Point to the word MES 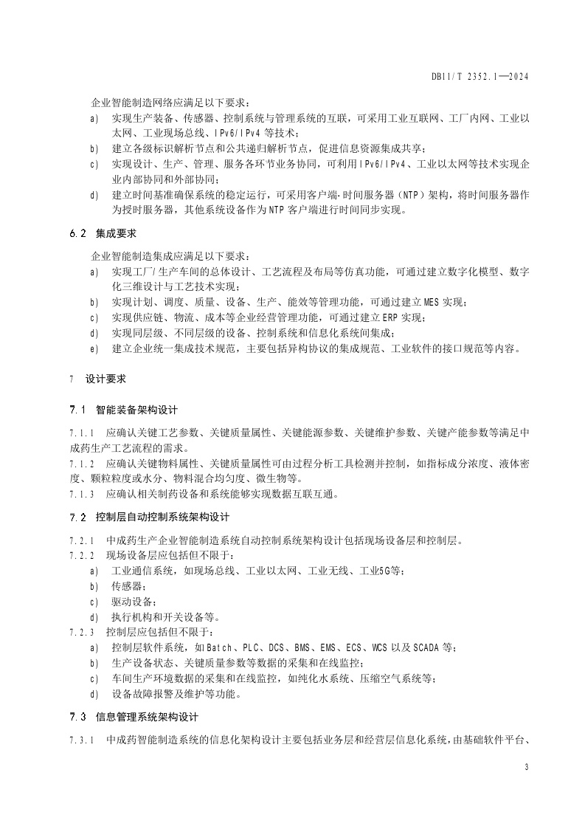pos(433,302)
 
